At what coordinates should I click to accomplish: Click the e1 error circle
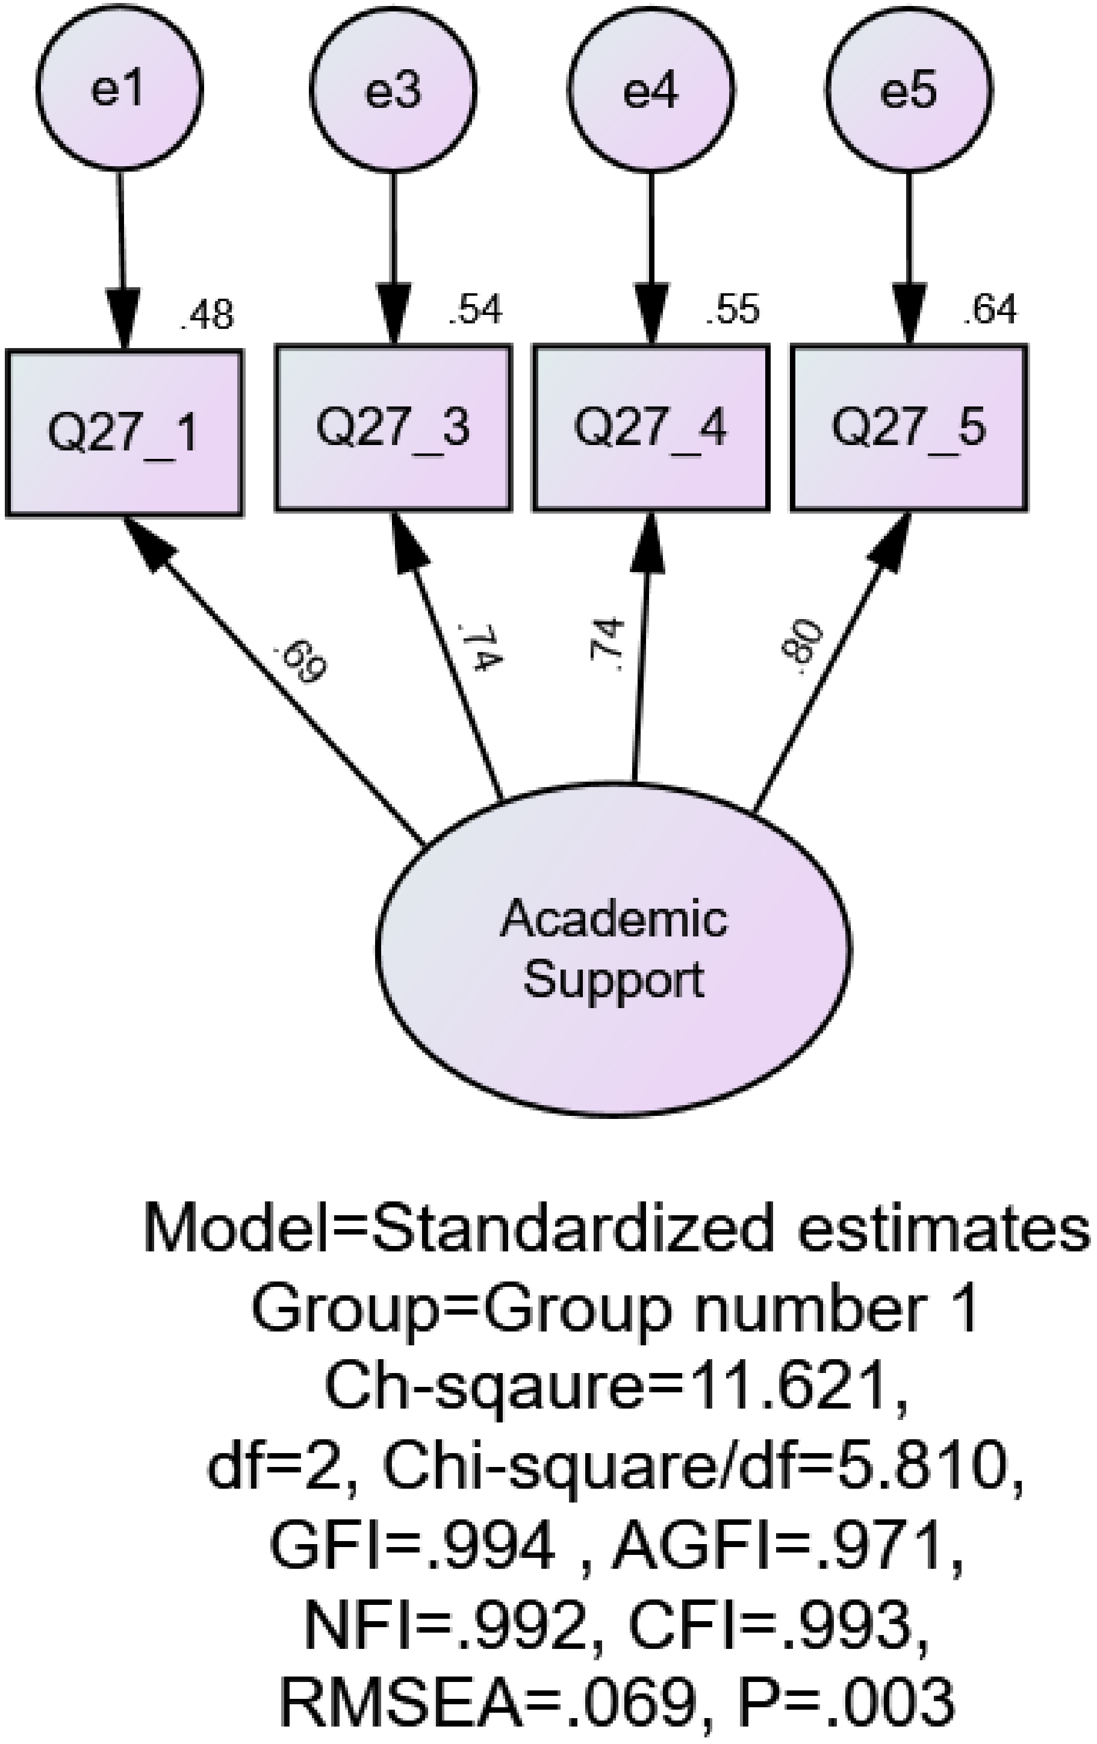[119, 89]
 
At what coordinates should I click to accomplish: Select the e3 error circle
[393, 89]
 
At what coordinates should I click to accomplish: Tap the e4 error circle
[650, 89]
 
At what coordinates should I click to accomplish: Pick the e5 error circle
[908, 89]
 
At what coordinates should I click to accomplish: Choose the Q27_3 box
[393, 428]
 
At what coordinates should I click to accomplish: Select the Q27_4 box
[650, 428]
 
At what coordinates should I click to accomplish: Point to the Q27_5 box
[908, 428]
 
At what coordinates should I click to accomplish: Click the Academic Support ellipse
[614, 948]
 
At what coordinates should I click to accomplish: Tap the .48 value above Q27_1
[207, 316]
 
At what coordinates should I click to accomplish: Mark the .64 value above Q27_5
[990, 310]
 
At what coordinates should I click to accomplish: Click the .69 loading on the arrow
[300, 662]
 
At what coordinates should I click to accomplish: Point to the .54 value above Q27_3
[475, 310]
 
